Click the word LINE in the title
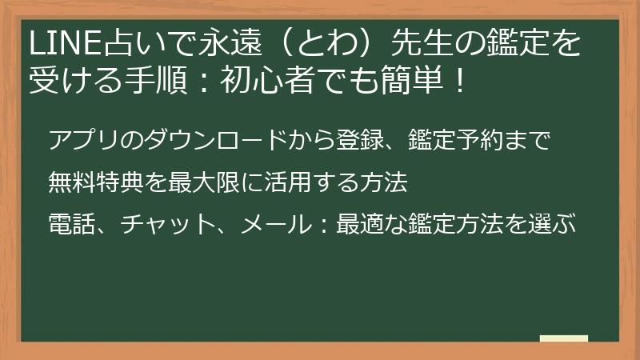(x=65, y=42)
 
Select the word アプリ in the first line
(x=85, y=140)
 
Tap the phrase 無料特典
(x=96, y=182)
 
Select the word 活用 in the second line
(x=288, y=182)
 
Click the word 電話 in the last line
(x=72, y=224)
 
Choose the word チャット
(x=167, y=224)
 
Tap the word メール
(x=275, y=224)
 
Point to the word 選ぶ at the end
(x=551, y=224)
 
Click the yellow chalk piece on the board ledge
(x=564, y=338)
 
